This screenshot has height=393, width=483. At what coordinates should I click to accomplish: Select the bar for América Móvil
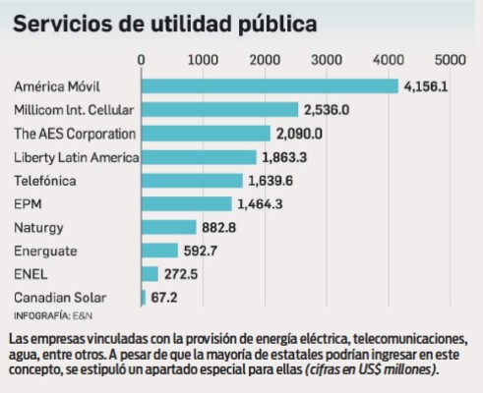(x=270, y=85)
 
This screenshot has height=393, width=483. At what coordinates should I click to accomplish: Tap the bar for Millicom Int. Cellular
(x=219, y=109)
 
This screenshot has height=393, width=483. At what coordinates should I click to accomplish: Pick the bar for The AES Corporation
(x=206, y=133)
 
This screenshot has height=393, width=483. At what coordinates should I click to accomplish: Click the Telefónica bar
(x=192, y=180)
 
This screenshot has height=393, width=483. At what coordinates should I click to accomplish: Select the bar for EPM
(x=187, y=203)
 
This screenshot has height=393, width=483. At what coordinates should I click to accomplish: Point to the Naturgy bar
(x=169, y=227)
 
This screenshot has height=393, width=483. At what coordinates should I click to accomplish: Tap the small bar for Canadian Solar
(x=144, y=297)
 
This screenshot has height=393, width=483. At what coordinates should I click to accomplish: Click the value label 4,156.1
(x=429, y=86)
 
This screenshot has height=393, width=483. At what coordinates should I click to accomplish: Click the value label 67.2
(x=167, y=297)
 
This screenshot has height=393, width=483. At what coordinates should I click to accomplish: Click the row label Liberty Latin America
(x=76, y=157)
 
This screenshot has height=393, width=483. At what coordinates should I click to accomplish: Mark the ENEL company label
(x=30, y=274)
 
